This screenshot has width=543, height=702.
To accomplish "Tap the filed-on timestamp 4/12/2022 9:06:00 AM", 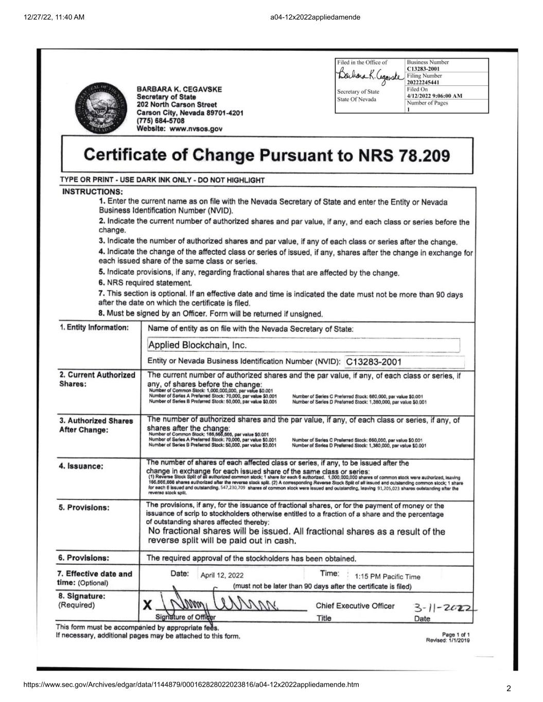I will click(x=434, y=96).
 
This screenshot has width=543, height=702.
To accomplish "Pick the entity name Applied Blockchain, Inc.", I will click(x=198, y=345).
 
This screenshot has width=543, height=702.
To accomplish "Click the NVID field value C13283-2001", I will click(x=374, y=362).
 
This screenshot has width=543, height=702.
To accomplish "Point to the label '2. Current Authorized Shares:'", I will click(x=97, y=380).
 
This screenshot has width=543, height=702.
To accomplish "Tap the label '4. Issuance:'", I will click(x=81, y=466).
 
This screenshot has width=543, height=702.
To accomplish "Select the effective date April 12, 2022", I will click(x=222, y=575).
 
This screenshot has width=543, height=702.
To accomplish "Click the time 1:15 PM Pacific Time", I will click(x=384, y=577).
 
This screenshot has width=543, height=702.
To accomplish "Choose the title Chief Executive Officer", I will click(x=355, y=606).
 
